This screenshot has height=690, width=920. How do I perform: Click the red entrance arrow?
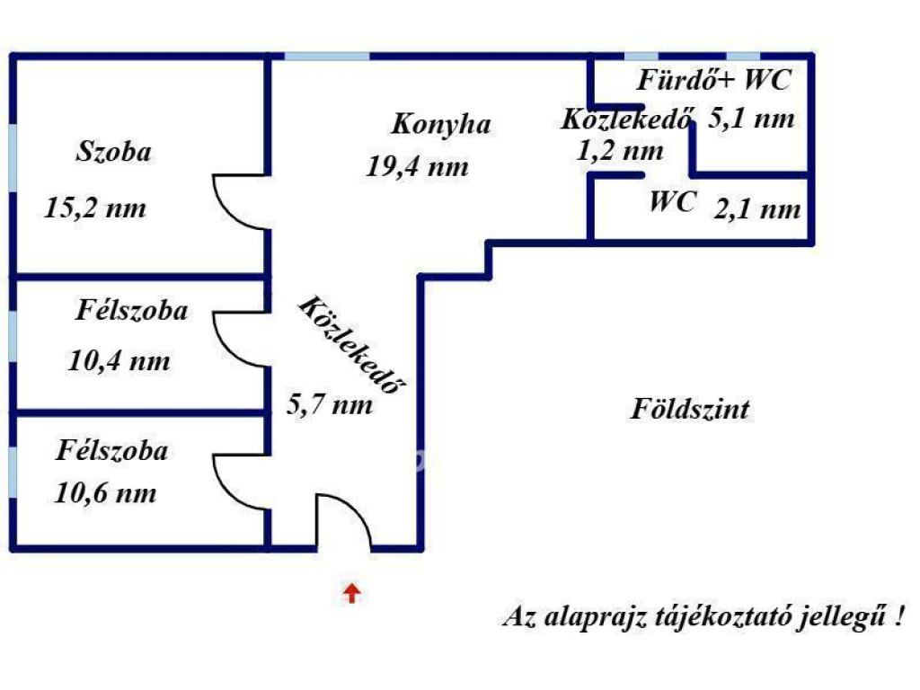351,593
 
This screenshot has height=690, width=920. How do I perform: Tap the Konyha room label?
441,124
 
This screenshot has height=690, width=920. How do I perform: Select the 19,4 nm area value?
418,166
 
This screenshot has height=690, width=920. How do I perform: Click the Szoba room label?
114,151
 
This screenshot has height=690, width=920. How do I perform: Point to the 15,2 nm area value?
95,208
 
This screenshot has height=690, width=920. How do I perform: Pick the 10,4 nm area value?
119,360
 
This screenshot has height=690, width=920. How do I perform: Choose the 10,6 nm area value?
106,493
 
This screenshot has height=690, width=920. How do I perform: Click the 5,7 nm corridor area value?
330,405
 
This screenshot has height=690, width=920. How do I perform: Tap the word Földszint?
690,409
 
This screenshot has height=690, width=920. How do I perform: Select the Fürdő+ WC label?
714,80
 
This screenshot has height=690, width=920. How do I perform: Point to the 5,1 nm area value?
752,119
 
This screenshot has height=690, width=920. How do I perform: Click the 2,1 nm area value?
757,209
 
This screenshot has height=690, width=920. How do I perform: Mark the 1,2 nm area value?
620,151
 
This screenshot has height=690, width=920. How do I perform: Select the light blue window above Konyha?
327,57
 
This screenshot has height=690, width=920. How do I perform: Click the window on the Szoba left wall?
13,158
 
